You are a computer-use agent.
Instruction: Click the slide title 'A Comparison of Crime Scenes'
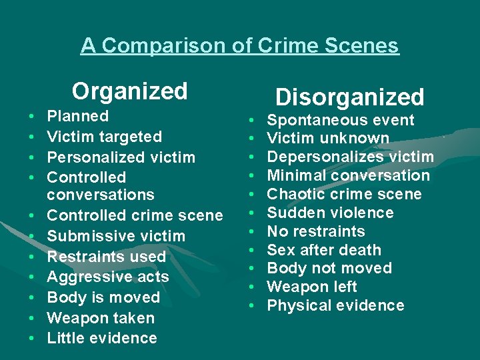coord(240,45)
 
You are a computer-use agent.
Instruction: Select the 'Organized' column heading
coord(130,91)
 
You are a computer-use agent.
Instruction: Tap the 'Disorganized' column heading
coord(350,97)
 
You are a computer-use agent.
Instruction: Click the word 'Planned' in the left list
coord(78,116)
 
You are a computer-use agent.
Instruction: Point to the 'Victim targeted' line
coord(105,137)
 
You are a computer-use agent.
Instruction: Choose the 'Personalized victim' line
coord(121,157)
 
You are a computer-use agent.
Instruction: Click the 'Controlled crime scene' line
coord(135,215)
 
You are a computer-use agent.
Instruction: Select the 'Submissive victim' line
coord(116,236)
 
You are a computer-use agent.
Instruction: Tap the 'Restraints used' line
coord(107,256)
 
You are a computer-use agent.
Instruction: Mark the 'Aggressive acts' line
coord(108,277)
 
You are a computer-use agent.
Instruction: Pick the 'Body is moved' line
coord(103,297)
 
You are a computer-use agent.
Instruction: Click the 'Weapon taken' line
coord(101,318)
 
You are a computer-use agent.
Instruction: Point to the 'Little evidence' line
coord(102,338)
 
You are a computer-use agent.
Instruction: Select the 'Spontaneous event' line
coord(341,120)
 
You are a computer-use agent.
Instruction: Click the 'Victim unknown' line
coord(328,139)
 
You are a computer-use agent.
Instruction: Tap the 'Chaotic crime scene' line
coord(344,194)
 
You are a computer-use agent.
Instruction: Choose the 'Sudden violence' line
coord(330,213)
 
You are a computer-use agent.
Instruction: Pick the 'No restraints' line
coord(316,231)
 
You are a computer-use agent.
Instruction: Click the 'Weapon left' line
coord(312,287)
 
